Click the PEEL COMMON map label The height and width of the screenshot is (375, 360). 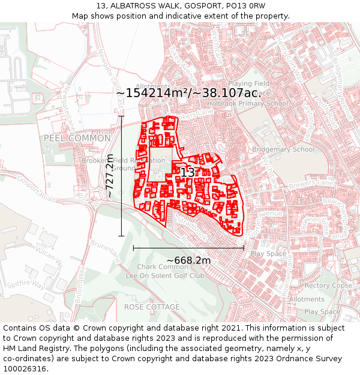click(x=77, y=139)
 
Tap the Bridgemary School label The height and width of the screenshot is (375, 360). click(x=283, y=149)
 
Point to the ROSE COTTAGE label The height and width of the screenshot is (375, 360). click(x=152, y=307)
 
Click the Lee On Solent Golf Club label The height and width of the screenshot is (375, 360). click(x=164, y=276)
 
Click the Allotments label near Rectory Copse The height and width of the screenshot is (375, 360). click(x=307, y=299)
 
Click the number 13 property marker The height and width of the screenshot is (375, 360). click(x=187, y=172)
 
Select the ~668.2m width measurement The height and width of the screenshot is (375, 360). click(x=188, y=260)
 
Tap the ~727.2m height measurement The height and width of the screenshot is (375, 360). click(x=110, y=176)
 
